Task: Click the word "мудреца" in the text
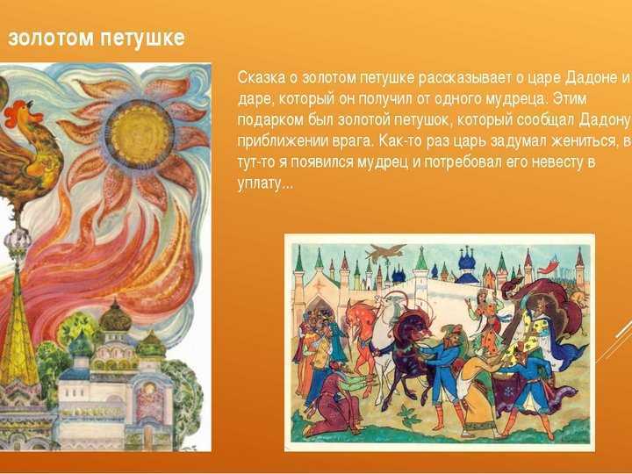pos(515,99)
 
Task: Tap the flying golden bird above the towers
pos(386,253)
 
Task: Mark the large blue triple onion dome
pos(469,262)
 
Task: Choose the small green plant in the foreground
pos(408,416)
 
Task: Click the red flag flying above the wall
pos(548,267)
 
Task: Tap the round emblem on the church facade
pos(149,390)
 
